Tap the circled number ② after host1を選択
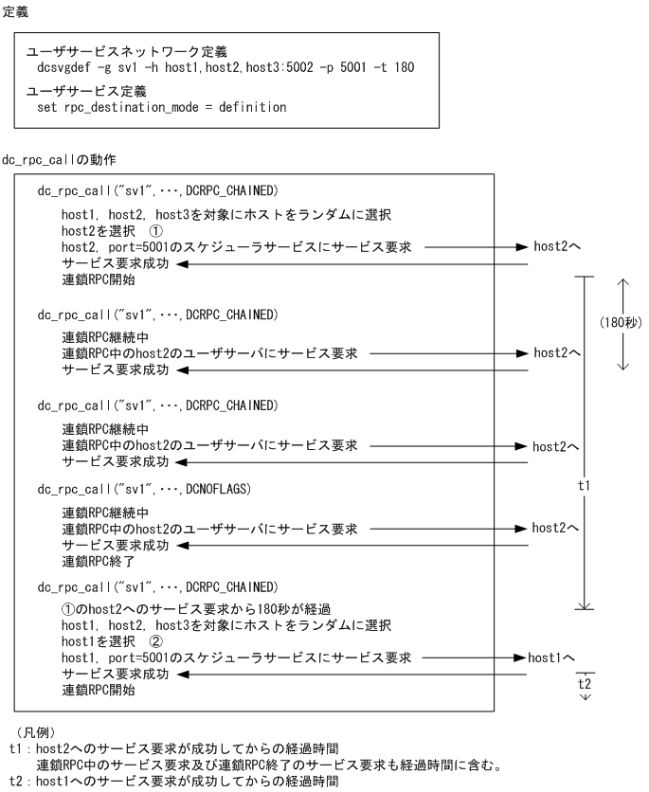pos(156,641)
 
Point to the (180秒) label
pos(622,322)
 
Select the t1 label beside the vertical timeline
pos(585,484)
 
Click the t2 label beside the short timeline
pos(585,681)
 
